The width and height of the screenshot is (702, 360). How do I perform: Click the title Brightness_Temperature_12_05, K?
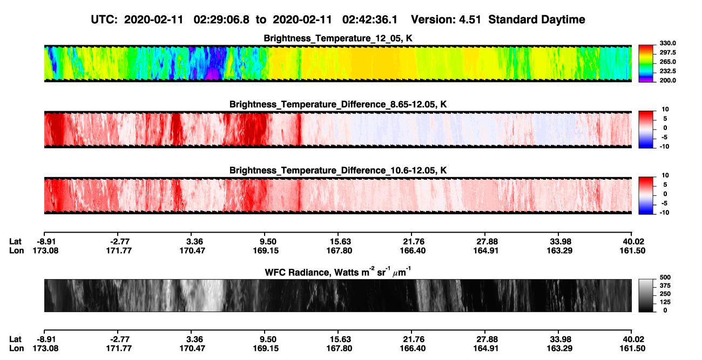tap(338, 38)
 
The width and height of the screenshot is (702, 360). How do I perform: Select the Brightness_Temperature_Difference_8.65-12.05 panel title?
tap(338, 104)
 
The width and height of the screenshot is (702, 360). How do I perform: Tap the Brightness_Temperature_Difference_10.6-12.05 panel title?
tap(338, 171)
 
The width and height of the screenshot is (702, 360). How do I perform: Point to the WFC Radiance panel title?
tap(338, 272)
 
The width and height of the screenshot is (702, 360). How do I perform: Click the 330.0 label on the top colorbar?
tap(667, 43)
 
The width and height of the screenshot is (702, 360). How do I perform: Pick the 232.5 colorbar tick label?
tap(667, 71)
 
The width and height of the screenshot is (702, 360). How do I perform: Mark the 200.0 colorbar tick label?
tap(667, 80)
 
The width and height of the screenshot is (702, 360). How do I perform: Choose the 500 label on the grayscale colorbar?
tap(665, 277)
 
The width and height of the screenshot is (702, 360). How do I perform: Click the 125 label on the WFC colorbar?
tap(665, 302)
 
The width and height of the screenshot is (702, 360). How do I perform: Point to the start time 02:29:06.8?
tap(221, 20)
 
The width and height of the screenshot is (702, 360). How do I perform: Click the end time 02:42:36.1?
tap(370, 20)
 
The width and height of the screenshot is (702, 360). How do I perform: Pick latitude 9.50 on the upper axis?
tap(266, 242)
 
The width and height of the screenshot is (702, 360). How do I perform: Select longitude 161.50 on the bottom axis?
tap(632, 349)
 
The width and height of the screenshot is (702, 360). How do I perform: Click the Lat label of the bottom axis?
tap(15, 339)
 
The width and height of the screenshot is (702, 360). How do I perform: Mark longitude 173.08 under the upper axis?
tap(45, 250)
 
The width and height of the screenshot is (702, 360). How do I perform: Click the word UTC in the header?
tap(104, 20)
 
